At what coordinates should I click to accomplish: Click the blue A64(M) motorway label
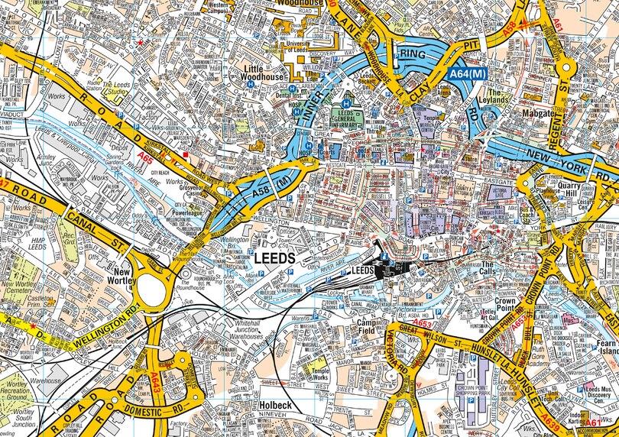click(x=466, y=73)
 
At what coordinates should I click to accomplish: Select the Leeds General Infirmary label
click(x=351, y=118)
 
